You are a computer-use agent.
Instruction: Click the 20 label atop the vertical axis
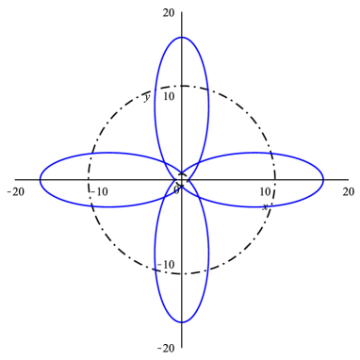(x=169, y=13)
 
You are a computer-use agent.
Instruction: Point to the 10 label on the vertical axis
(x=169, y=96)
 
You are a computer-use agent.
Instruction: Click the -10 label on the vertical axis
(x=166, y=265)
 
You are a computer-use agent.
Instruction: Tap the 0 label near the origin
(x=176, y=191)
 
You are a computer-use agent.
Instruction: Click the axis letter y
(x=146, y=96)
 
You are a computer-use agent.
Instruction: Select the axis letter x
(x=265, y=206)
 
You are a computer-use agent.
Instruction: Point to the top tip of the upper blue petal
(x=182, y=37)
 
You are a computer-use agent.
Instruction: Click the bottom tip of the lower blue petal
(x=182, y=323)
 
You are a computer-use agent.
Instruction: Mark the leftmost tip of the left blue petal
(x=40, y=179)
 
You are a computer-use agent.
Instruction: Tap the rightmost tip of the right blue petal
(x=324, y=179)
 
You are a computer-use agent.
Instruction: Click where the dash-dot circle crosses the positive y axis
(x=182, y=86)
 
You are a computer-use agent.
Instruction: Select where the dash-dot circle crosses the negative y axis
(x=182, y=273)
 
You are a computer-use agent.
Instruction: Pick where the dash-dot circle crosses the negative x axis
(x=89, y=179)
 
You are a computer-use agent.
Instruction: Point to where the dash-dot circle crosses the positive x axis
(x=275, y=179)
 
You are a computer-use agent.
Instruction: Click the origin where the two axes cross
(x=182, y=179)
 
